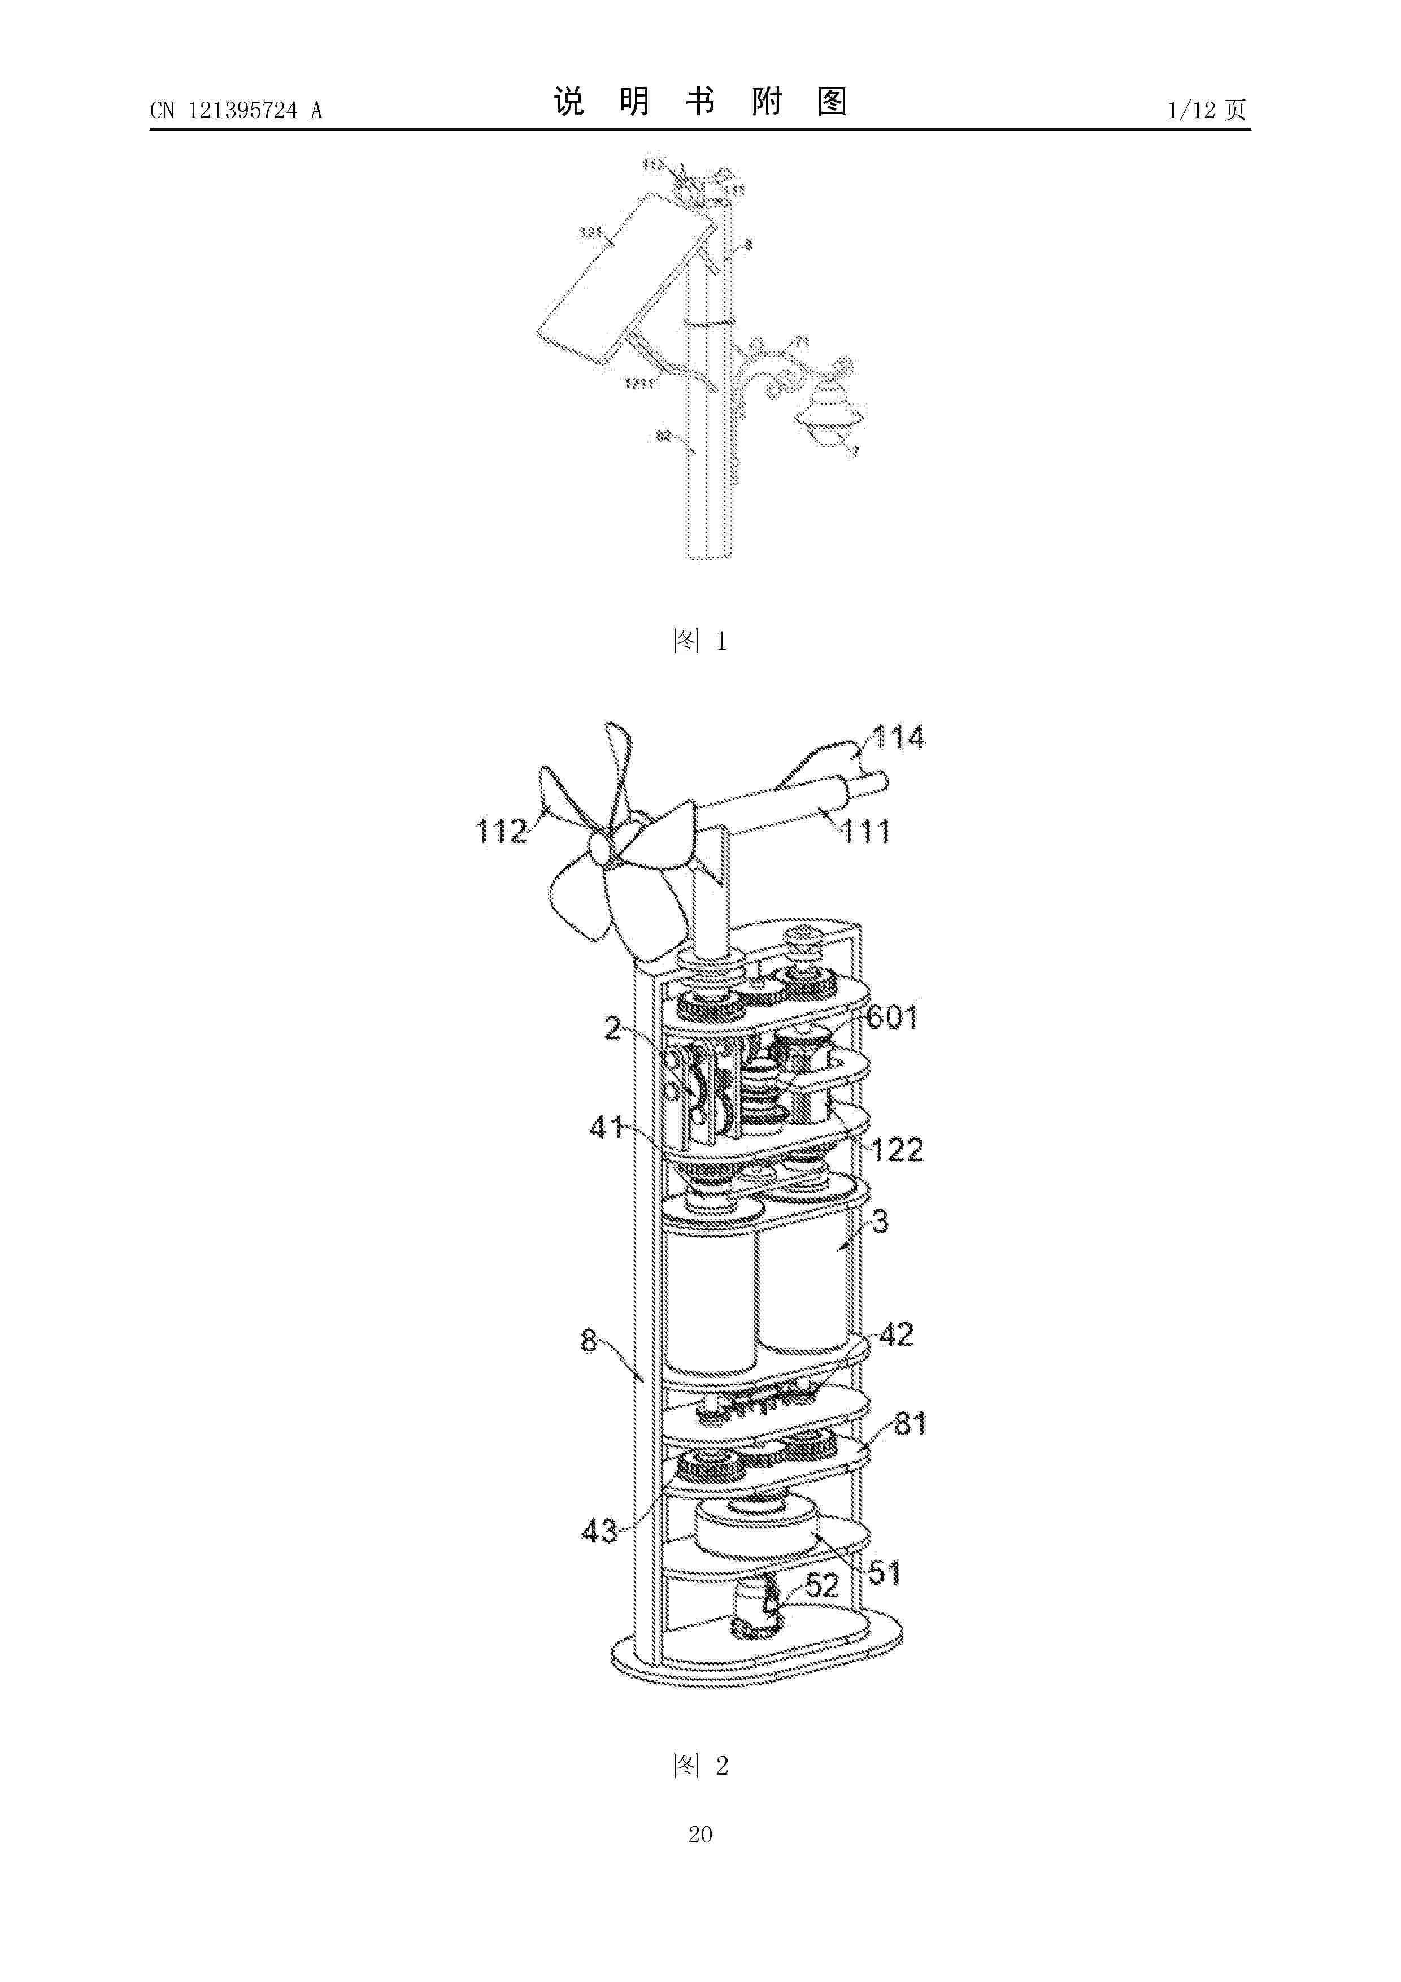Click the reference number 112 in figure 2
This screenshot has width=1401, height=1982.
[x=501, y=831]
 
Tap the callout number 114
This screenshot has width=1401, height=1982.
[x=898, y=737]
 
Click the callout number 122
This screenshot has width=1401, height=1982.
[x=897, y=1150]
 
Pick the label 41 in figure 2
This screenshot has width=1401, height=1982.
[x=606, y=1127]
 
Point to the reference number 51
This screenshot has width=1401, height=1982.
[x=885, y=1573]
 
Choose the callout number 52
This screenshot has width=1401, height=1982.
[x=822, y=1585]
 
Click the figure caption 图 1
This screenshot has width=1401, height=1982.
[x=699, y=641]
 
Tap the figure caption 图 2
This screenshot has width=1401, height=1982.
[x=700, y=1766]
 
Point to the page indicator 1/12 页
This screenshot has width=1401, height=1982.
[x=1206, y=110]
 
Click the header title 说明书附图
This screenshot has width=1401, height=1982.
[x=700, y=102]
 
